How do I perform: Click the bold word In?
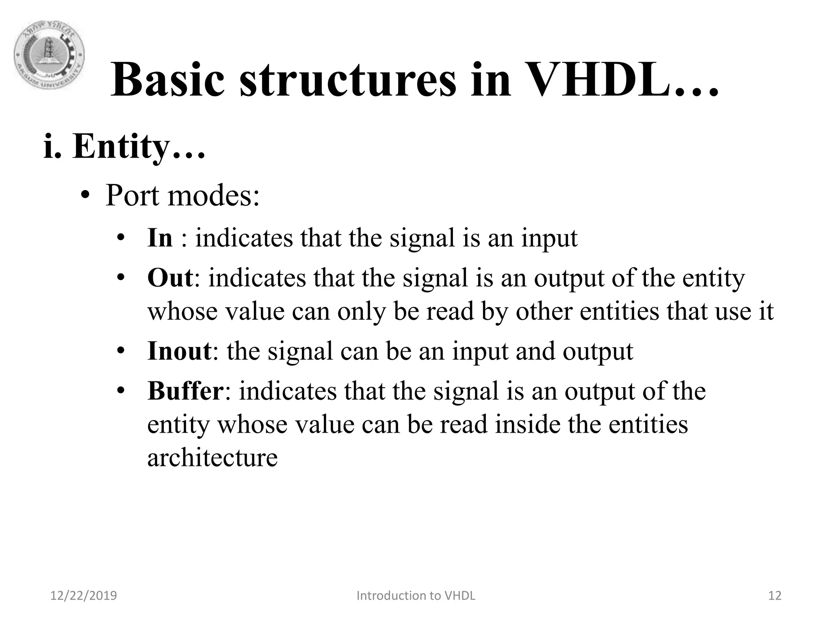[160, 238]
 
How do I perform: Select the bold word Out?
[170, 278]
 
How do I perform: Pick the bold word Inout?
[179, 351]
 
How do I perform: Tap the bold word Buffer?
[185, 391]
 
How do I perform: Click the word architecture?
[212, 457]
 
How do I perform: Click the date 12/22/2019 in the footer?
[83, 596]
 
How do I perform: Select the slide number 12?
[775, 596]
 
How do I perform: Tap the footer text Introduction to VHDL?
[416, 596]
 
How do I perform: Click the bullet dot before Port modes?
[84, 197]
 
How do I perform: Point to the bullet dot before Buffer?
[120, 391]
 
